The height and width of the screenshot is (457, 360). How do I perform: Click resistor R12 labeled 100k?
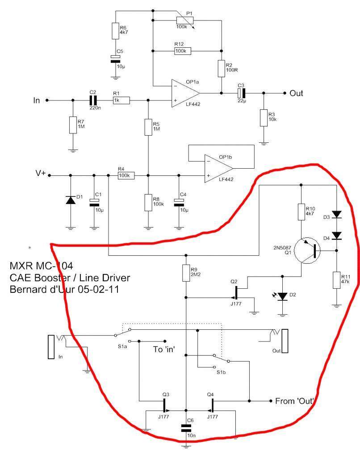click(182, 51)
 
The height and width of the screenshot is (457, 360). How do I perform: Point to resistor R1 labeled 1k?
click(121, 100)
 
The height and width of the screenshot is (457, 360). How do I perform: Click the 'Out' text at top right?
click(296, 93)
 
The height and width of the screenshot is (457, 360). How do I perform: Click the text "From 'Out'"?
click(295, 401)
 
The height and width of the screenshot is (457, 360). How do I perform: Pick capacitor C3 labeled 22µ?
click(242, 93)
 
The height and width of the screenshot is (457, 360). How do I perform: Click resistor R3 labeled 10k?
click(264, 118)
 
